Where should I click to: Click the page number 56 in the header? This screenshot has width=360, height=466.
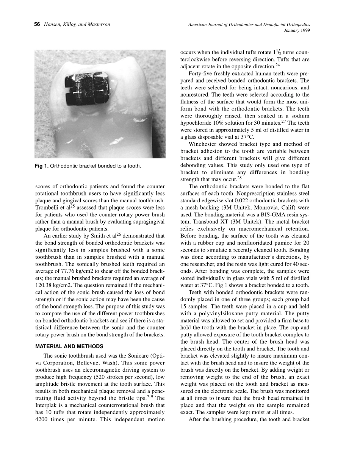pos(37,25)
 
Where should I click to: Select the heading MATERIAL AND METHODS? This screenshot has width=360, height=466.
pos(69,346)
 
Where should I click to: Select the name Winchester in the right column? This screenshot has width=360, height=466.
pos(205,144)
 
